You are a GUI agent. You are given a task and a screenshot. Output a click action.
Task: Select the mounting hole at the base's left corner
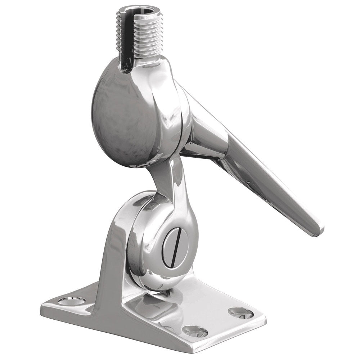tap(72, 300)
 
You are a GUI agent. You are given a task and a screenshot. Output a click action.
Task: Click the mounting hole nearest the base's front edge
tap(195, 331)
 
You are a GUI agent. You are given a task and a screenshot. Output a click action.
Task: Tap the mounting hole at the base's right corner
tap(241, 312)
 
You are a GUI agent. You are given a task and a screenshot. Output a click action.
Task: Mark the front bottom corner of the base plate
tap(203, 351)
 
